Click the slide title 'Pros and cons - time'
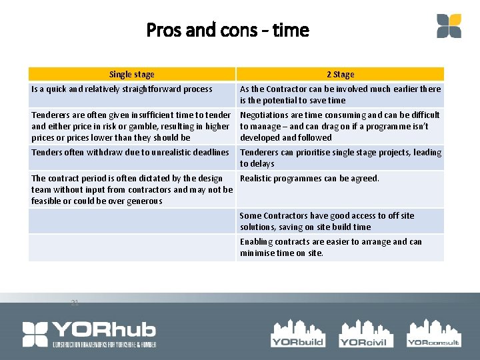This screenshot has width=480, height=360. click(227, 30)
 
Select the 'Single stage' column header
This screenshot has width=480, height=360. click(131, 75)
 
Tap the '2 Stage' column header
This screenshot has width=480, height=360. click(340, 75)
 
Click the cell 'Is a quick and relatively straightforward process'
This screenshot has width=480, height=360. click(122, 89)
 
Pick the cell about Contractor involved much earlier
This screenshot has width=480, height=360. click(340, 95)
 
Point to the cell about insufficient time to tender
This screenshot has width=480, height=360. click(131, 126)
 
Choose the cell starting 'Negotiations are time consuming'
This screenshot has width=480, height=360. click(340, 126)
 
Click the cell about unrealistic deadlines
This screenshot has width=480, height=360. click(131, 153)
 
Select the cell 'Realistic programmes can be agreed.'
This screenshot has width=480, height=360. click(309, 179)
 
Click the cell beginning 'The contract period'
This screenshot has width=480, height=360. click(131, 189)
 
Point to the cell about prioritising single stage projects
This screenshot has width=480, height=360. click(340, 158)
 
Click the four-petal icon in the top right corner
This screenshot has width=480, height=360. click(449, 26)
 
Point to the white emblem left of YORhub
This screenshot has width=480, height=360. click(35, 334)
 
